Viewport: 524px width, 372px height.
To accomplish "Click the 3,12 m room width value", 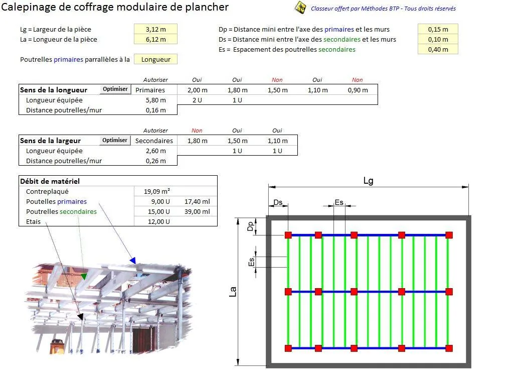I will coord(155,30).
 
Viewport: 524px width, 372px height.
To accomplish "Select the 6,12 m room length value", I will coord(155,40).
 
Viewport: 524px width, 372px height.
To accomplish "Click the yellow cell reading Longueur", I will coord(155,60).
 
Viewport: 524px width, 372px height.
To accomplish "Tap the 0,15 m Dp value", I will coord(438,30).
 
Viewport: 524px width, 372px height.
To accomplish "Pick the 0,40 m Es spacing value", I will coord(438,50).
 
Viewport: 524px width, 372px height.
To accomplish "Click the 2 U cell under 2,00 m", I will coord(197,100).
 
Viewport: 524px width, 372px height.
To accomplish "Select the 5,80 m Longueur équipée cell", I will coord(155,100).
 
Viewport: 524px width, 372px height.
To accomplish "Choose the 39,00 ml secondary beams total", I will coord(200,211).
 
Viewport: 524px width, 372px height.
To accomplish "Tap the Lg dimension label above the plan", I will coord(368,181).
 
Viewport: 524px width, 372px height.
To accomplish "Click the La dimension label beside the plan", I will coord(233,292).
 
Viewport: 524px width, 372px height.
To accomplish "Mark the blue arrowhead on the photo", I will coord(133,260).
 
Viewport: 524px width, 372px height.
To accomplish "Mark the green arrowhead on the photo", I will coord(84,276).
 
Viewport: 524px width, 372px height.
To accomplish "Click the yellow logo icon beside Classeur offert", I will coord(301,8).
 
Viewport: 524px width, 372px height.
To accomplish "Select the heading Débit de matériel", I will coord(50,181).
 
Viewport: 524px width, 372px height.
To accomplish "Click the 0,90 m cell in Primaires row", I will coord(358,90).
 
